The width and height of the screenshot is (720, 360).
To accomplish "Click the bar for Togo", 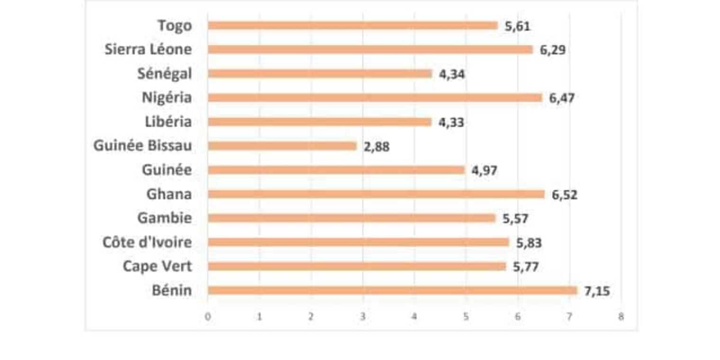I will tap(352, 26).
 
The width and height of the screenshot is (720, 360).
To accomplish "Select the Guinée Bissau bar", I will tap(282, 146).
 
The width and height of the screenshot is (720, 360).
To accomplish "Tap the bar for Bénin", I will tap(392, 290).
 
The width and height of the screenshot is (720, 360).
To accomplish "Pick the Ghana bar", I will tap(376, 194).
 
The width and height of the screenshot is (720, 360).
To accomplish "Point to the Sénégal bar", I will tap(320, 74).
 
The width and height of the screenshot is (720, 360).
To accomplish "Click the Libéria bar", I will tap(319, 122).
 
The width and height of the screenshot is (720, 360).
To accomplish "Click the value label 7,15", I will tap(597, 291).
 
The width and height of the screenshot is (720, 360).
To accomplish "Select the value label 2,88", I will tap(377, 147).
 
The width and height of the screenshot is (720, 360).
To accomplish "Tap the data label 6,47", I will tap(562, 99).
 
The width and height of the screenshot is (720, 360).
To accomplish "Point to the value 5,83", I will tap(529, 243).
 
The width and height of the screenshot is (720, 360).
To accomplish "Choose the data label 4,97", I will tap(485, 171).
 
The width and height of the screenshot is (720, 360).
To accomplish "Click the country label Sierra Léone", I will tap(148, 49).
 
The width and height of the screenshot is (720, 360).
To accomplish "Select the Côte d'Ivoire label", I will tap(147, 242).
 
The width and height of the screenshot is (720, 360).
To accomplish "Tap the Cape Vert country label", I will tap(157, 266).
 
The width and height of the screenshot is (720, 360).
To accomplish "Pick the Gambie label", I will tap(164, 218).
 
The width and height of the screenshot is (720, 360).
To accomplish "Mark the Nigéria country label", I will tap(167, 98).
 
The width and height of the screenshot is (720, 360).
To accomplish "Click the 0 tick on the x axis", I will tap(207, 317).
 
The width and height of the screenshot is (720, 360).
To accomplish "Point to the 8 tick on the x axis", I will tap(621, 317).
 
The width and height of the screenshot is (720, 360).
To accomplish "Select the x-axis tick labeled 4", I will tap(414, 317).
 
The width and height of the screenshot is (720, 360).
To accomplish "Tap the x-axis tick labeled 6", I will tap(518, 317).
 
